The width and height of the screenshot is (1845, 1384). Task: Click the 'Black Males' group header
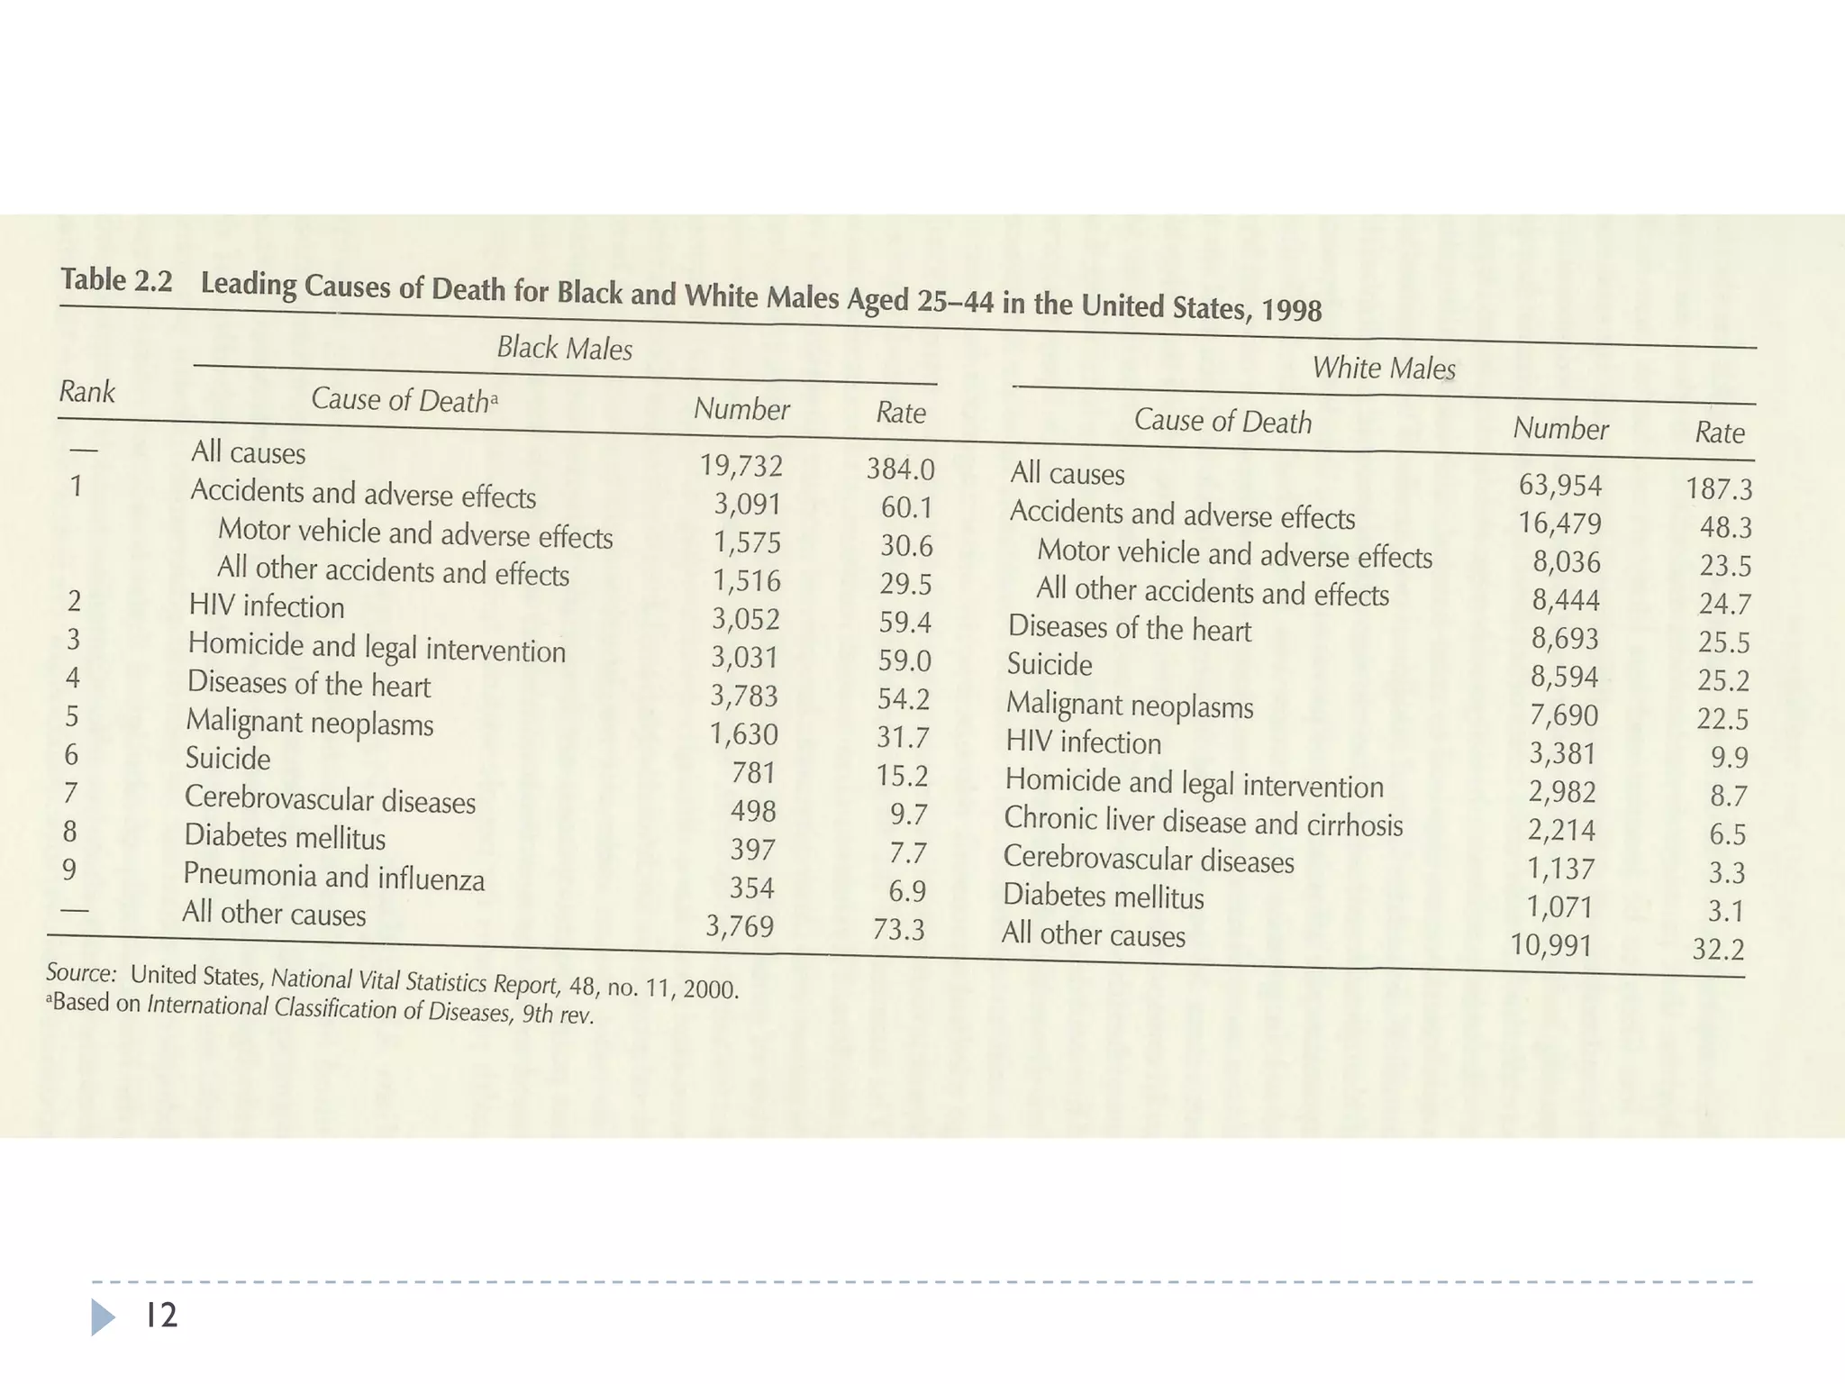point(565,348)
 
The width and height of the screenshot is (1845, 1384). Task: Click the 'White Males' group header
point(1383,368)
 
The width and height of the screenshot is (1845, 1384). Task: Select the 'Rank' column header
point(86,392)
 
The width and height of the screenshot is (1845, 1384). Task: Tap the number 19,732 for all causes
point(741,466)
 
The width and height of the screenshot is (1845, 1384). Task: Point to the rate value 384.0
point(901,469)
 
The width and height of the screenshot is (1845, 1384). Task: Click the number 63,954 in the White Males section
point(1560,486)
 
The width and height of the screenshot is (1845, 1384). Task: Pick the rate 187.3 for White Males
point(1719,489)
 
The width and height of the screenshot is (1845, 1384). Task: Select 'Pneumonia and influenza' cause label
point(333,876)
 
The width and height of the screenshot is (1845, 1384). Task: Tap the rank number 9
point(68,870)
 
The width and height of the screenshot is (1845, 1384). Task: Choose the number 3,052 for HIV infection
point(745,619)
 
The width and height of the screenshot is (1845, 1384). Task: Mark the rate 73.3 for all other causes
point(899,929)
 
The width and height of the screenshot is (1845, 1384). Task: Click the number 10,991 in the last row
point(1551,945)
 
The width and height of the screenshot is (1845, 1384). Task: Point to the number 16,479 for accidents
point(1559,524)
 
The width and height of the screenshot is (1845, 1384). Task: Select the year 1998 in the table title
point(1291,310)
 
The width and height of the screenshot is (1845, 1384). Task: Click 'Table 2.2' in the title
point(116,280)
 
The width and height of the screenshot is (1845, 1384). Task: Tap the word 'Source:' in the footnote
point(81,973)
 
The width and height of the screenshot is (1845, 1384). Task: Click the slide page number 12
point(161,1316)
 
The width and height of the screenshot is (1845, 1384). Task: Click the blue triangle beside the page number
point(103,1317)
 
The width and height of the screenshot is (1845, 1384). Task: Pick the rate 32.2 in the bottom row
point(1718,950)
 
